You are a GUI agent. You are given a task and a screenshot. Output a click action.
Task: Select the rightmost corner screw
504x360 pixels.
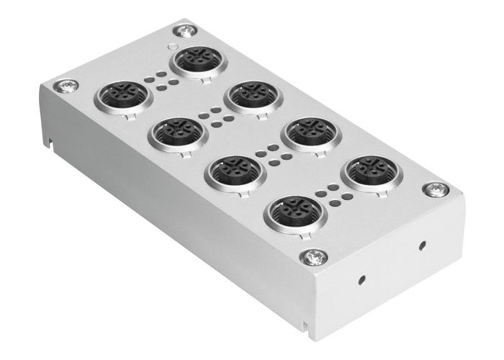click(436, 190)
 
